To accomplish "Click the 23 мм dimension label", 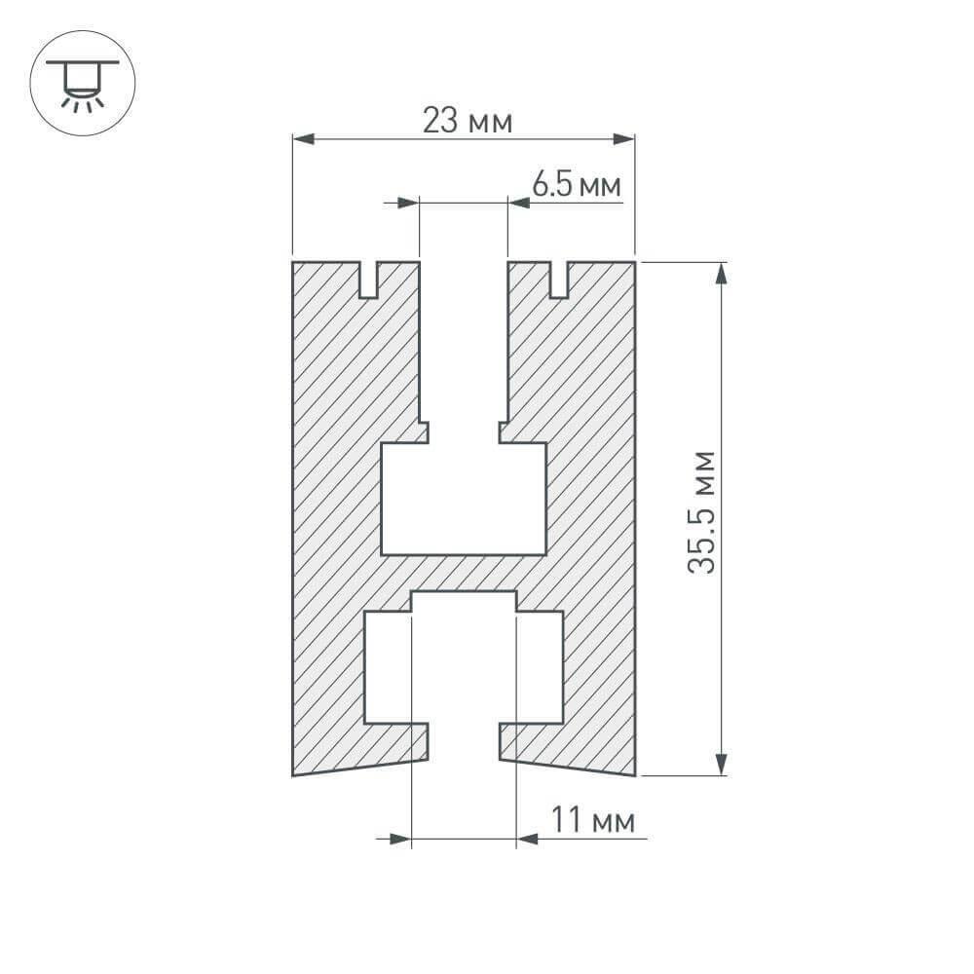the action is (468, 120).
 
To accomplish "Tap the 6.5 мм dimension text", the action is (577, 184).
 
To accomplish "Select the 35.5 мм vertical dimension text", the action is (701, 512).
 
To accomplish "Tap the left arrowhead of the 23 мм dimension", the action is (303, 139).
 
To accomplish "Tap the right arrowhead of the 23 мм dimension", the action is (623, 139).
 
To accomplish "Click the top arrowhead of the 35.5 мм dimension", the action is (721, 274).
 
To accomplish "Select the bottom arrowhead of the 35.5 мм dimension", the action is (721, 765).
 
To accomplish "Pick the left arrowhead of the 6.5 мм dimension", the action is (408, 203).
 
